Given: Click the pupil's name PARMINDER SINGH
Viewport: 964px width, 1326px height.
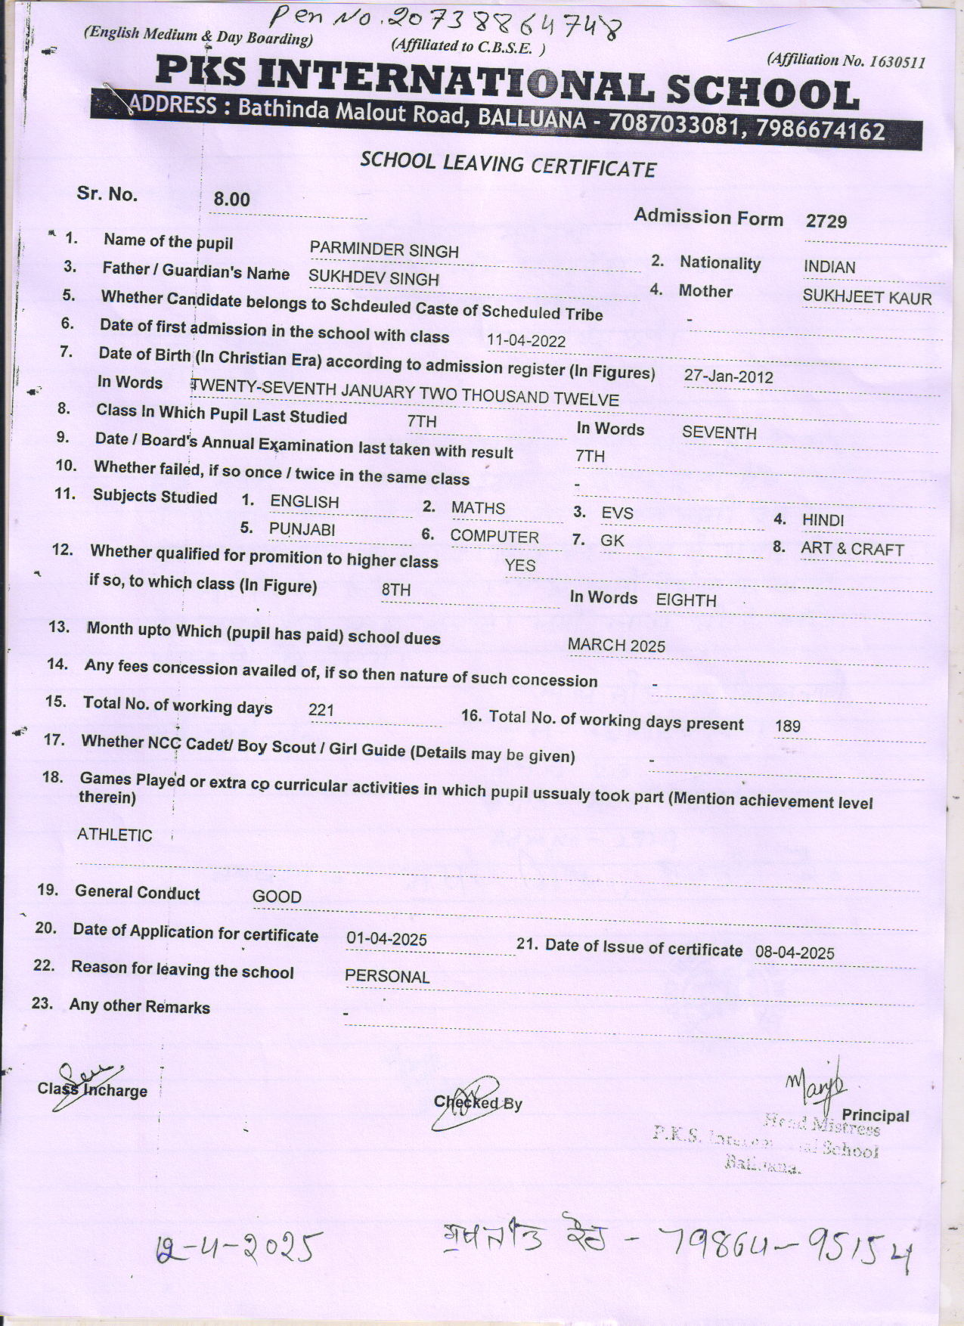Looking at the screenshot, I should [384, 250].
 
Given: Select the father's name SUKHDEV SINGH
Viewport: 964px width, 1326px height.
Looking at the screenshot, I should [374, 278].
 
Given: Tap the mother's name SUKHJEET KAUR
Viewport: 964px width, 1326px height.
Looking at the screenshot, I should [866, 297].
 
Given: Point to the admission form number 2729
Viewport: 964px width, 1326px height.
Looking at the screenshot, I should [826, 222].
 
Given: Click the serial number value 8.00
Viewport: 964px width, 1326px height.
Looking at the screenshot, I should [231, 200].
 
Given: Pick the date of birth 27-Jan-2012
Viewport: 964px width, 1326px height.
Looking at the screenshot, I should [728, 376].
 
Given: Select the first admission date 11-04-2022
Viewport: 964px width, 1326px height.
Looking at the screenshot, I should [526, 341].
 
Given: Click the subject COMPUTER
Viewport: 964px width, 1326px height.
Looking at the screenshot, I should [494, 537].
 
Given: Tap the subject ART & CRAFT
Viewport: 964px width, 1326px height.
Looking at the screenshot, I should [852, 549].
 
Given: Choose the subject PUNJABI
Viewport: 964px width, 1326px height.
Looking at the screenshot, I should [302, 529].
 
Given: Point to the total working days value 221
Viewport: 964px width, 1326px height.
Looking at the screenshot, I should [321, 710].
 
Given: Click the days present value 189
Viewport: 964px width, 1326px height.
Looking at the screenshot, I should [787, 727].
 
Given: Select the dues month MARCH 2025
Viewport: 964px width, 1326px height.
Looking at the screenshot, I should [616, 645].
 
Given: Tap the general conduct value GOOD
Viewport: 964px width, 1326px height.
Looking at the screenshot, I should [277, 897].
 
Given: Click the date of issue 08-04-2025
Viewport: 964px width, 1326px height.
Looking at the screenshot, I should [795, 953].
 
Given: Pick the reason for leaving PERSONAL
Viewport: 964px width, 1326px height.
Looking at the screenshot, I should [387, 976].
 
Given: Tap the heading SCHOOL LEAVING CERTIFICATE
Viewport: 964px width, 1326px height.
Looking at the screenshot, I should [507, 164].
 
